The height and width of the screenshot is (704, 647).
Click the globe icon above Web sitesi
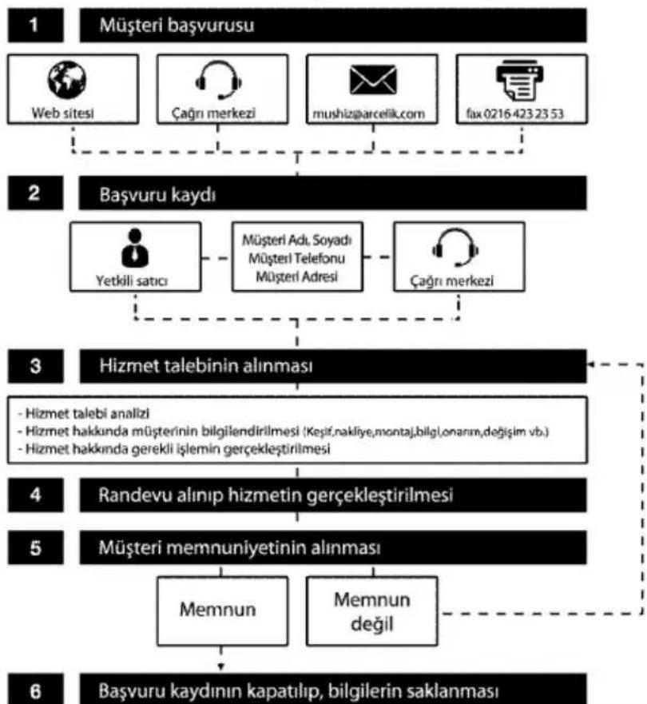[67, 79]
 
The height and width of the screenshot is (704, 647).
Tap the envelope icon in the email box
[373, 79]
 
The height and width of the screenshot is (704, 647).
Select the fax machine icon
[519, 80]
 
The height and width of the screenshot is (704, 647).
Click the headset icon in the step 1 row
[219, 80]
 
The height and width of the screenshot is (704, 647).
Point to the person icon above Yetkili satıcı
[135, 248]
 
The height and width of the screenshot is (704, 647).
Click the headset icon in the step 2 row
[455, 248]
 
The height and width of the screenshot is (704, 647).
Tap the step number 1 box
[35, 26]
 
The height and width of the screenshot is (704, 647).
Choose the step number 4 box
[35, 495]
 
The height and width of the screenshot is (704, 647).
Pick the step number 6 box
[35, 690]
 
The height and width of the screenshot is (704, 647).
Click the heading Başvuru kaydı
[157, 195]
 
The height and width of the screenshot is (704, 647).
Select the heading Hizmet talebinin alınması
[206, 366]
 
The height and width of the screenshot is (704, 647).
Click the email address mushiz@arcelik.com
[368, 114]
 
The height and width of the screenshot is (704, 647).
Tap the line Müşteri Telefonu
[296, 259]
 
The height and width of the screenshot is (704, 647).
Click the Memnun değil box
[372, 611]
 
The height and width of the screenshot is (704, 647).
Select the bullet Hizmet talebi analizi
[84, 413]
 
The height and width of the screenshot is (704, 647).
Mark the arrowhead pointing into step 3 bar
[591, 364]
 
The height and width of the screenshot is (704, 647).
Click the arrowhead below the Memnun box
[220, 667]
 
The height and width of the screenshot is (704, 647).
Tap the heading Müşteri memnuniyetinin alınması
[239, 548]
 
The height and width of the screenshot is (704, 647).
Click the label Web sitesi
[63, 113]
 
